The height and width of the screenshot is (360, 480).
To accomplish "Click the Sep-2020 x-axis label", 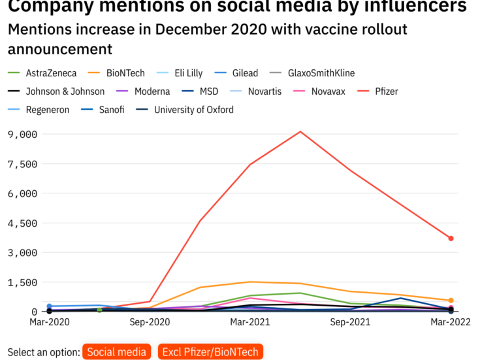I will [150, 322].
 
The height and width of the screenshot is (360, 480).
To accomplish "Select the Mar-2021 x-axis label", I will [250, 322].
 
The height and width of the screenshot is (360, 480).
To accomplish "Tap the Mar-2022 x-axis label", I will [451, 322].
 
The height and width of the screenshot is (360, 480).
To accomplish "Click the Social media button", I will [117, 352].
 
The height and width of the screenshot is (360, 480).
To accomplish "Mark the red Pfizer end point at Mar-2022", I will [451, 238].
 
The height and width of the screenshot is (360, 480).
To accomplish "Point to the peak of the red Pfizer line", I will [300, 132].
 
